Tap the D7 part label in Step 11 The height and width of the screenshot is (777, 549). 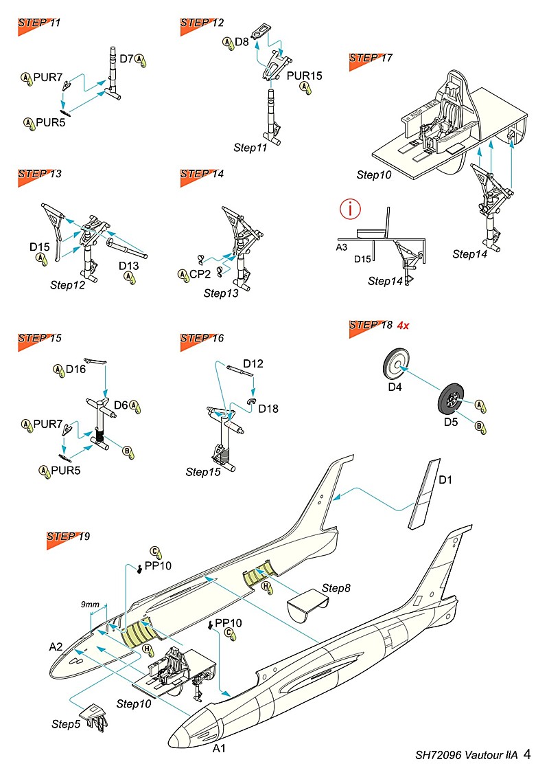126,59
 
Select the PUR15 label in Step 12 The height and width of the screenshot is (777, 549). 304,76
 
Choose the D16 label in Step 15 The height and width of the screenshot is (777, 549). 75,370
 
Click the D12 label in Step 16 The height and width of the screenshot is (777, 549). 253,363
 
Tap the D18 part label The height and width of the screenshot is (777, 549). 268,409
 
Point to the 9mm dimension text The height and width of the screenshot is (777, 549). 90,604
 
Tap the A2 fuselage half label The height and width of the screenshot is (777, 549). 56,646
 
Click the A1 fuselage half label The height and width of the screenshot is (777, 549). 219,748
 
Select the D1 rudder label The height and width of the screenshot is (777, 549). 446,479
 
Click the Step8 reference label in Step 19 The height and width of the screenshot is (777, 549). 336,589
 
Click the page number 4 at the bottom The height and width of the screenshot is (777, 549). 526,754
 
